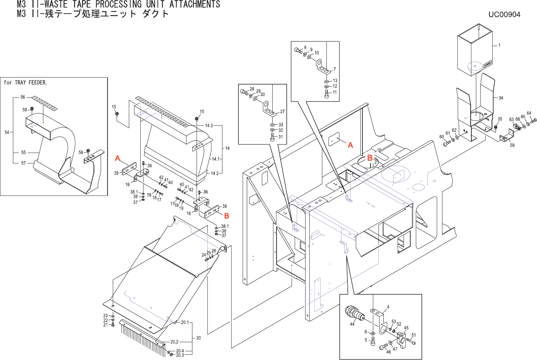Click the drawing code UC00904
coord(504,15)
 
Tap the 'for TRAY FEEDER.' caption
coord(25,83)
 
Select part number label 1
coord(499,45)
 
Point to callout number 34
coord(501,98)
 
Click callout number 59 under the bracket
coord(512,145)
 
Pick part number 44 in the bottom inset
coord(352,324)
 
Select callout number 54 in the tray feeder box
coord(7,132)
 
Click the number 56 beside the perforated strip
coord(23,97)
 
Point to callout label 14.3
coord(209,126)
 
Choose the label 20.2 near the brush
coord(174,342)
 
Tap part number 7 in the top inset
coord(334,69)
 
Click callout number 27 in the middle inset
coord(282,111)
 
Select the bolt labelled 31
coord(272,137)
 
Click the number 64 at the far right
coord(529,113)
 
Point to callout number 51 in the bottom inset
coord(413,335)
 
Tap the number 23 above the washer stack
coord(105,316)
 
